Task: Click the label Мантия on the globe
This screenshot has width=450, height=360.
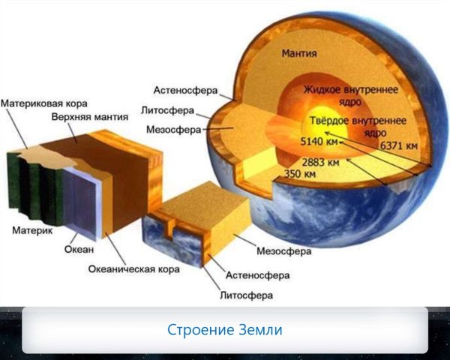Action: click(x=299, y=54)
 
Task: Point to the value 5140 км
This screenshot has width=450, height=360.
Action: click(x=319, y=141)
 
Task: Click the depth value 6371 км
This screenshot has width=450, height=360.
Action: click(x=399, y=145)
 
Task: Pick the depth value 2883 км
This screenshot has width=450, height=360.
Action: click(x=320, y=161)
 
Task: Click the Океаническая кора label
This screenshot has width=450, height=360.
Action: click(x=133, y=268)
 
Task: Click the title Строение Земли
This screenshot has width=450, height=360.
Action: click(x=224, y=330)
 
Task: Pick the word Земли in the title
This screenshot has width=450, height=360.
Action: click(x=259, y=330)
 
